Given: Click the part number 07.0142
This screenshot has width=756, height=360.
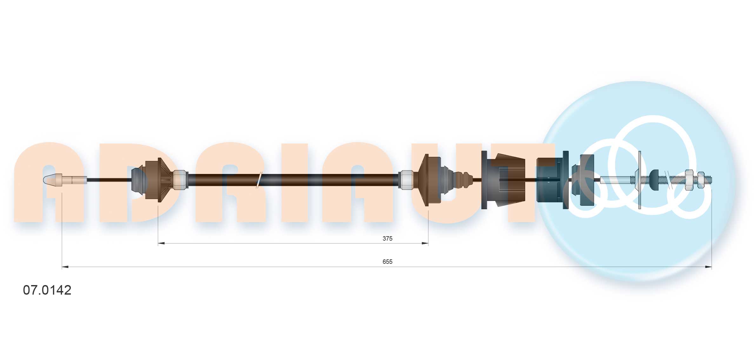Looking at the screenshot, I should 47,290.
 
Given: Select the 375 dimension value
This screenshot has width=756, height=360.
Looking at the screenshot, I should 387,238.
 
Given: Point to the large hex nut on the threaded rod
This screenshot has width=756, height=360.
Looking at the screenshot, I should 689,180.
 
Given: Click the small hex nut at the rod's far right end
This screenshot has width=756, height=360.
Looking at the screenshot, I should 701,180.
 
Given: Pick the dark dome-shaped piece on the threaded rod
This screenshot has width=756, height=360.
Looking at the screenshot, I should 654,180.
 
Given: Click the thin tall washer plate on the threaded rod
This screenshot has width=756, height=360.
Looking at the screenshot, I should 639,180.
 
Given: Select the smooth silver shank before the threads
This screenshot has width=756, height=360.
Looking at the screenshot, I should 614,180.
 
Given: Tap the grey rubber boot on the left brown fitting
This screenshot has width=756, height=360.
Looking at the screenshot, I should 138,180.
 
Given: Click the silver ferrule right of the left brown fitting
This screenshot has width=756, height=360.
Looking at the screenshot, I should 180,180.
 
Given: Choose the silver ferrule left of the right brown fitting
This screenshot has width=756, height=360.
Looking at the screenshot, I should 406,180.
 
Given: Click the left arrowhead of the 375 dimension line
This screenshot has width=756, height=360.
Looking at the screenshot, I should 161,243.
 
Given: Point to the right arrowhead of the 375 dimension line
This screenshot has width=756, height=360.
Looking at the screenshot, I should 425,243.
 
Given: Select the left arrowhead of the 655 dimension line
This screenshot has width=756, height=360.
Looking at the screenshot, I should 65,267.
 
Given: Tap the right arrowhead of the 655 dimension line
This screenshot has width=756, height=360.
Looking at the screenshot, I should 708,267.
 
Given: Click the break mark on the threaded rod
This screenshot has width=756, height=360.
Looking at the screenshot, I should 670,180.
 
